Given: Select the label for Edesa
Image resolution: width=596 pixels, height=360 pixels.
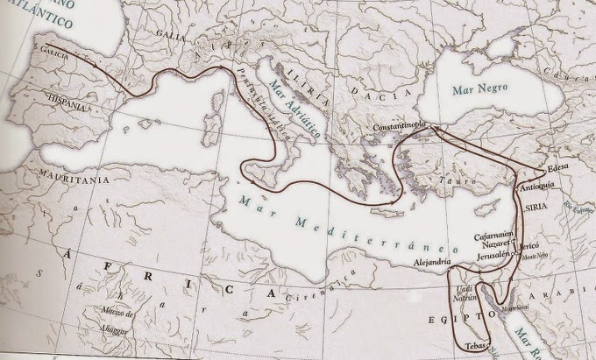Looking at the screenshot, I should click(x=557, y=166).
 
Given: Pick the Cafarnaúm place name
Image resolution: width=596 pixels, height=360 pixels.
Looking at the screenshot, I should click(x=493, y=234).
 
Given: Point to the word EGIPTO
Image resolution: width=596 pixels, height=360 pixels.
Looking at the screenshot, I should click(x=449, y=321).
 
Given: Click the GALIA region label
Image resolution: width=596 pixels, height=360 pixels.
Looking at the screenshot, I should click(x=170, y=32).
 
